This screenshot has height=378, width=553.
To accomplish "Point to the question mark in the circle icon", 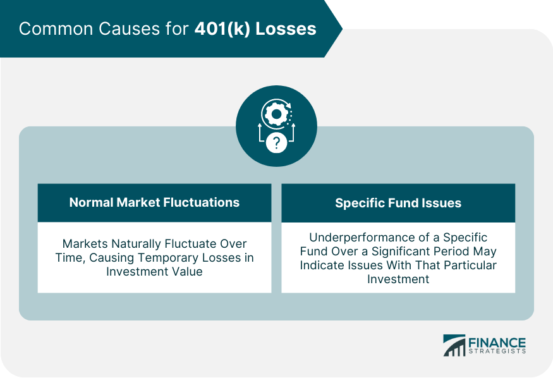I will pyautogui.click(x=276, y=143).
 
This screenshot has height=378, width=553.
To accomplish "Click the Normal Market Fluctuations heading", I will pyautogui.click(x=154, y=203).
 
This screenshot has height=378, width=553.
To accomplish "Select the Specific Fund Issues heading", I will pyautogui.click(x=398, y=203).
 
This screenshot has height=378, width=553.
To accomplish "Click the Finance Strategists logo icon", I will pyautogui.click(x=454, y=345).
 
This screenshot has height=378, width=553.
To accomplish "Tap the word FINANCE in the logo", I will pyautogui.click(x=497, y=341).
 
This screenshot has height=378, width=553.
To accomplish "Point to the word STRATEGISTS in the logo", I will pyautogui.click(x=497, y=351).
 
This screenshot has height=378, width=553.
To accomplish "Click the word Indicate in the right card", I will pyautogui.click(x=323, y=265).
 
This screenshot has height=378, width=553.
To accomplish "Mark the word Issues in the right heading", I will pyautogui.click(x=442, y=203).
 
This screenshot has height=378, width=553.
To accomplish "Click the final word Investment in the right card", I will pyautogui.click(x=398, y=279).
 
